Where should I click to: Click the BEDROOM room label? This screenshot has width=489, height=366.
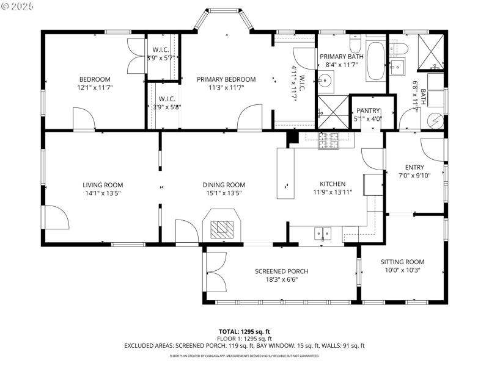tap(95, 79)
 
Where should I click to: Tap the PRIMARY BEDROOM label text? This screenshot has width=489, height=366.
tap(226, 79)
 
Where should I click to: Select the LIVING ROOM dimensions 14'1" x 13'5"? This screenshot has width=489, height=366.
tap(103, 193)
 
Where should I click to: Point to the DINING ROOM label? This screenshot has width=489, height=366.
tap(224, 185)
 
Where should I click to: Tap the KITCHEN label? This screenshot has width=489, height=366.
tap(333, 184)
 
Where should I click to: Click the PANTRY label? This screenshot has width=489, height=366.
tap(368, 110)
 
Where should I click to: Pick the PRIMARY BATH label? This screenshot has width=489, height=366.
tap(342, 57)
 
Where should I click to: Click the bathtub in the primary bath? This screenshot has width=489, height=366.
tap(375, 61)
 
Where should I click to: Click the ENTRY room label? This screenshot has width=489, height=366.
tap(414, 168)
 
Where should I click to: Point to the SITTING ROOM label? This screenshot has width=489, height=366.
tap(402, 261)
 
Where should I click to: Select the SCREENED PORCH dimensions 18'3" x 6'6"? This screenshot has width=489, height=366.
tap(281, 280)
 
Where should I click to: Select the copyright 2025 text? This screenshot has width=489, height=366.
tap(18, 5)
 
